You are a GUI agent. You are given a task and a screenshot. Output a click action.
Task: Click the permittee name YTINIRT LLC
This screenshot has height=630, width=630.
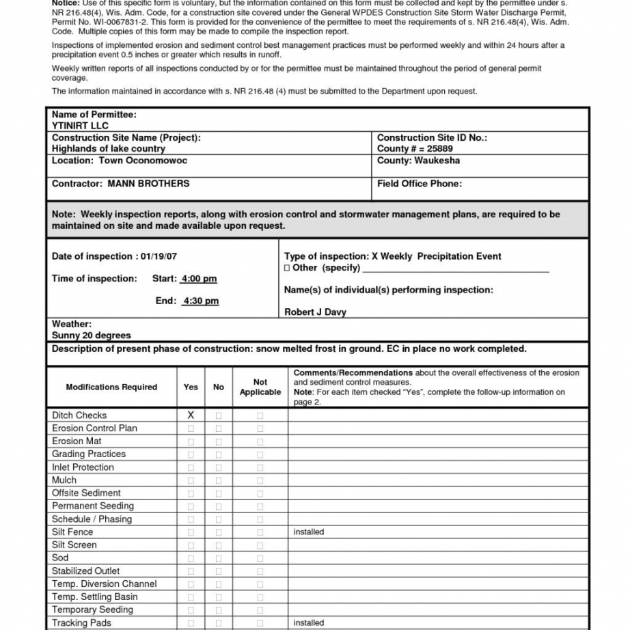(x=80, y=126)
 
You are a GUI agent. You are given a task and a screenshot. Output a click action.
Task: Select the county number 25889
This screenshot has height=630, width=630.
(x=438, y=148)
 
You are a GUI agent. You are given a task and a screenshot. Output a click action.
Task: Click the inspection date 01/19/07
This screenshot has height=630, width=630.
(x=159, y=256)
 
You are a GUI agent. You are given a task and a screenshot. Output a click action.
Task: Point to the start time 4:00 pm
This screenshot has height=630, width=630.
(x=199, y=279)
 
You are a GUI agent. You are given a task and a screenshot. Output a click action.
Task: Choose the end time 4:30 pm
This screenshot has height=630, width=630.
(x=201, y=301)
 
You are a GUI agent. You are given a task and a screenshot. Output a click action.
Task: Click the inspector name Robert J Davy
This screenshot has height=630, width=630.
(x=315, y=312)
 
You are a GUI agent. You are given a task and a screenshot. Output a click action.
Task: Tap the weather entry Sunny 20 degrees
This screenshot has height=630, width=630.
(x=91, y=335)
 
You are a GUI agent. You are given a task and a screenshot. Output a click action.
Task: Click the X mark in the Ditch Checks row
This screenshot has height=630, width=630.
(x=191, y=415)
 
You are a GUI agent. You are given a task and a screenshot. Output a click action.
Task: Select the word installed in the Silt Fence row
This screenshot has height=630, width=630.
(x=309, y=532)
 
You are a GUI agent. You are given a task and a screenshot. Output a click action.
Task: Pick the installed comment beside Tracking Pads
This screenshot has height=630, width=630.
(x=309, y=622)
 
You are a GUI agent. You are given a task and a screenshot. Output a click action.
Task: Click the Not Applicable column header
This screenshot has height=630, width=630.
(x=260, y=387)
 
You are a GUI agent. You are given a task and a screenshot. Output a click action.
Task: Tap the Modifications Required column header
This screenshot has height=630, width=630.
(x=111, y=387)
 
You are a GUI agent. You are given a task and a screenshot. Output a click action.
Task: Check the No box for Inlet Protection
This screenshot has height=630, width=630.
(x=219, y=467)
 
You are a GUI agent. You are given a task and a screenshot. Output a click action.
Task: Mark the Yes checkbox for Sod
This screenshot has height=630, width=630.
(x=191, y=558)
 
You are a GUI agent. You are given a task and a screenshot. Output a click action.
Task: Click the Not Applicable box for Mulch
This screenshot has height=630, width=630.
(x=260, y=480)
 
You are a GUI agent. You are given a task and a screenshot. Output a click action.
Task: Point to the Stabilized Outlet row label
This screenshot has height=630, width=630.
(x=85, y=571)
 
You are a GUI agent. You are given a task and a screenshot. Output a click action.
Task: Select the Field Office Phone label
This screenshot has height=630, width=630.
(x=420, y=183)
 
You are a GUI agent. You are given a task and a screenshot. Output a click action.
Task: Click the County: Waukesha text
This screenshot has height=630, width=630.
(x=418, y=161)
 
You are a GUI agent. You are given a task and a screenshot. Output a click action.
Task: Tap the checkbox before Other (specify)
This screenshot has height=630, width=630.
(x=287, y=268)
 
